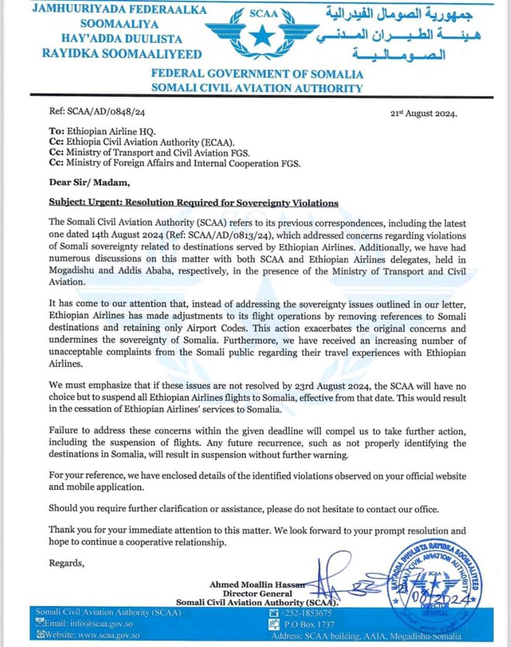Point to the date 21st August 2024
423,113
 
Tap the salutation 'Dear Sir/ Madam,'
85,183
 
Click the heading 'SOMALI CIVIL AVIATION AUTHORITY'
256,88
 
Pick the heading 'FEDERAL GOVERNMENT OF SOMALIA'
256,74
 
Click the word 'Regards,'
67,563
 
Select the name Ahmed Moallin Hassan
260,584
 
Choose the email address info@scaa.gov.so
86,624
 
